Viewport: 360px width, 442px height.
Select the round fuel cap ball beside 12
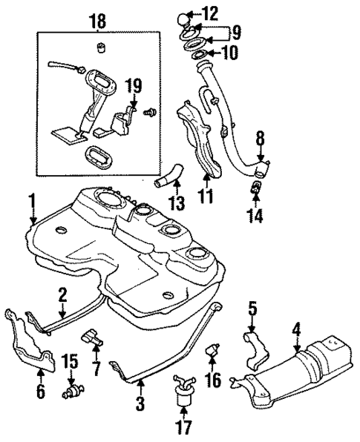pyautogui.click(x=185, y=16)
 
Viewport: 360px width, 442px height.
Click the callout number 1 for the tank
pyautogui.click(x=32, y=199)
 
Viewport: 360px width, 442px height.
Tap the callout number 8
pyautogui.click(x=260, y=137)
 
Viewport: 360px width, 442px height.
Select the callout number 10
pyautogui.click(x=226, y=53)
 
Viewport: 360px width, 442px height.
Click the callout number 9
pyautogui.click(x=235, y=32)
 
